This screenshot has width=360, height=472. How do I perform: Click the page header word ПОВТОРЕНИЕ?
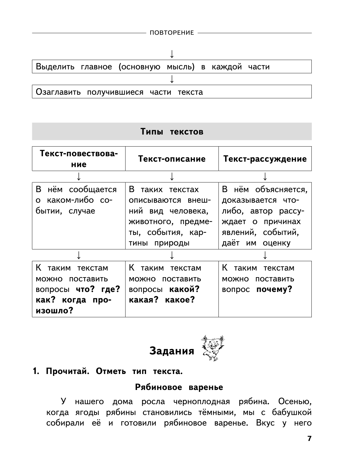click(x=172, y=33)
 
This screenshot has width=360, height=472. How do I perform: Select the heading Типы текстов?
click(x=172, y=132)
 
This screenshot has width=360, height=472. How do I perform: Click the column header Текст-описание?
click(x=172, y=159)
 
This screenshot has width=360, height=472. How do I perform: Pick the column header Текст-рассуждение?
click(x=265, y=159)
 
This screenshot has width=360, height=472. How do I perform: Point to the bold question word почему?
click(x=274, y=290)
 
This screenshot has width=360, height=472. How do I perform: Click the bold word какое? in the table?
click(x=180, y=300)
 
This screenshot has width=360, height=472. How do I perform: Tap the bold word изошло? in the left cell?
click(x=55, y=311)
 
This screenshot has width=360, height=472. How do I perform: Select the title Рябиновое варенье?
click(x=179, y=387)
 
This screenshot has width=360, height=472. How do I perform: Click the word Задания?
click(x=172, y=351)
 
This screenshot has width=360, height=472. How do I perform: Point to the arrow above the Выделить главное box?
click(x=172, y=54)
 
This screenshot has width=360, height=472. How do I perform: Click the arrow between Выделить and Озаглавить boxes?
click(x=172, y=79)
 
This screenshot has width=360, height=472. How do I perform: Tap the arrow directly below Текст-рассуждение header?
click(x=265, y=176)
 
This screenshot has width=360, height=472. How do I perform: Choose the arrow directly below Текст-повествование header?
click(x=78, y=176)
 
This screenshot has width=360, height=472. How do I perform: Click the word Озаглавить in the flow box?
click(x=58, y=92)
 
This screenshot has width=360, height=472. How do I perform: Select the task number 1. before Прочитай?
click(x=36, y=372)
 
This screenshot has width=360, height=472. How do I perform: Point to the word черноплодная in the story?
click(x=202, y=402)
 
